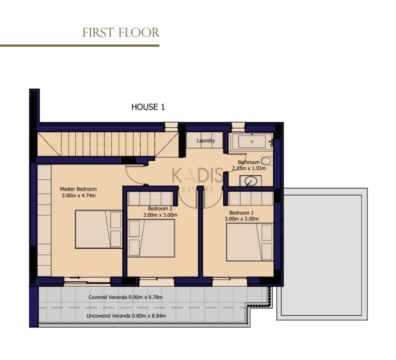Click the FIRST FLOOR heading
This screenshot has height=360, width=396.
pos(121,33)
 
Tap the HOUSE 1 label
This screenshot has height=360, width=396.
pos(148,107)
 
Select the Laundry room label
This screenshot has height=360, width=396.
pos(206,141)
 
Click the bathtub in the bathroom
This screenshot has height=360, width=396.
pos(251,142)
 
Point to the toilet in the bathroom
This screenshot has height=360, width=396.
pos(267,161)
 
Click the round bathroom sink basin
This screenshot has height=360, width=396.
pos(251,181)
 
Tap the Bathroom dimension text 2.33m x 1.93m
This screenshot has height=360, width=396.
pos(249,168)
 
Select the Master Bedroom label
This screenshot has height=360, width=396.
pos(78,189)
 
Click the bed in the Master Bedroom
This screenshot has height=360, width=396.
pos(98,229)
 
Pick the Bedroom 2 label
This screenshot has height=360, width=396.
pos(160,209)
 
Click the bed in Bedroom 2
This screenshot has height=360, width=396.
pos(151,238)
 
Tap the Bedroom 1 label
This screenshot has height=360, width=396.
pos(241,213)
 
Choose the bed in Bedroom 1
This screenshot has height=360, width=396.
pos(250,242)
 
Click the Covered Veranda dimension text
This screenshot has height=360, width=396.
pos(125,297)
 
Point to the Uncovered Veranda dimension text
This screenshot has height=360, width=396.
pos(126,316)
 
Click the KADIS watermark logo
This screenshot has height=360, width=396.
pos(197,178)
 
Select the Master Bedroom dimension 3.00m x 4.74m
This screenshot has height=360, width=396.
pos(78,196)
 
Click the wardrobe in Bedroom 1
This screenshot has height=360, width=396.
pos(251,199)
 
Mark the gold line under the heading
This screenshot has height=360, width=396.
pos(79,46)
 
